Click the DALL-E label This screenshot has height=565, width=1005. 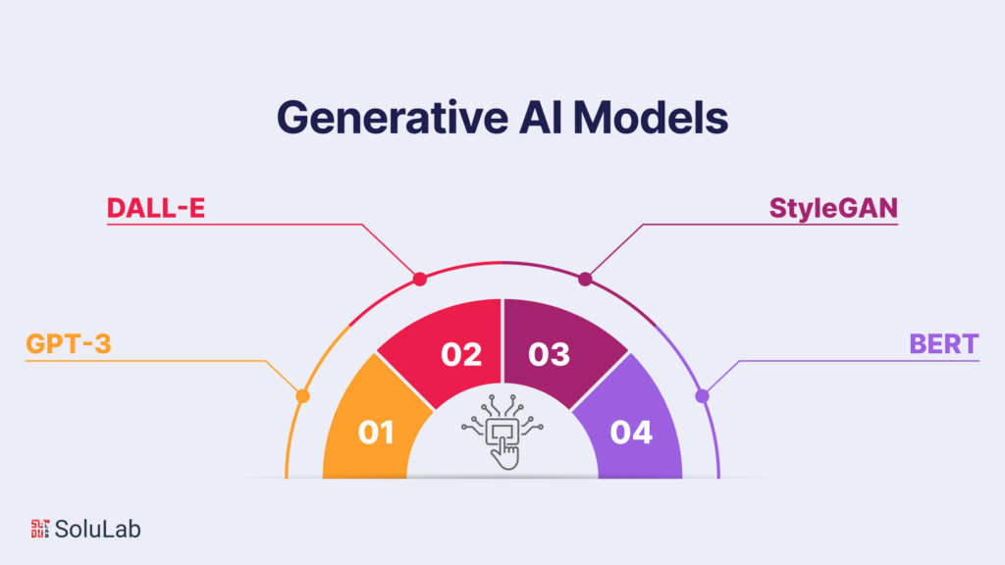tap(156, 207)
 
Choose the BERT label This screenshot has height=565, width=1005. tap(943, 344)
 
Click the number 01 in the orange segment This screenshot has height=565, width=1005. tap(376, 432)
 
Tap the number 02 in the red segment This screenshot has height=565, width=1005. tap(461, 354)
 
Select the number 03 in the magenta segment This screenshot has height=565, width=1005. tap(549, 354)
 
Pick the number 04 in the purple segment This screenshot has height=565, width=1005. tap(631, 432)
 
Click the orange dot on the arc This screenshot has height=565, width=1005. tap(302, 396)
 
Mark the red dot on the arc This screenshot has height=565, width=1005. tap(420, 280)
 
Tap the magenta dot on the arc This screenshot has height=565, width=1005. tap(586, 280)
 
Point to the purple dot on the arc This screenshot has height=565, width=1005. tap(702, 396)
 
